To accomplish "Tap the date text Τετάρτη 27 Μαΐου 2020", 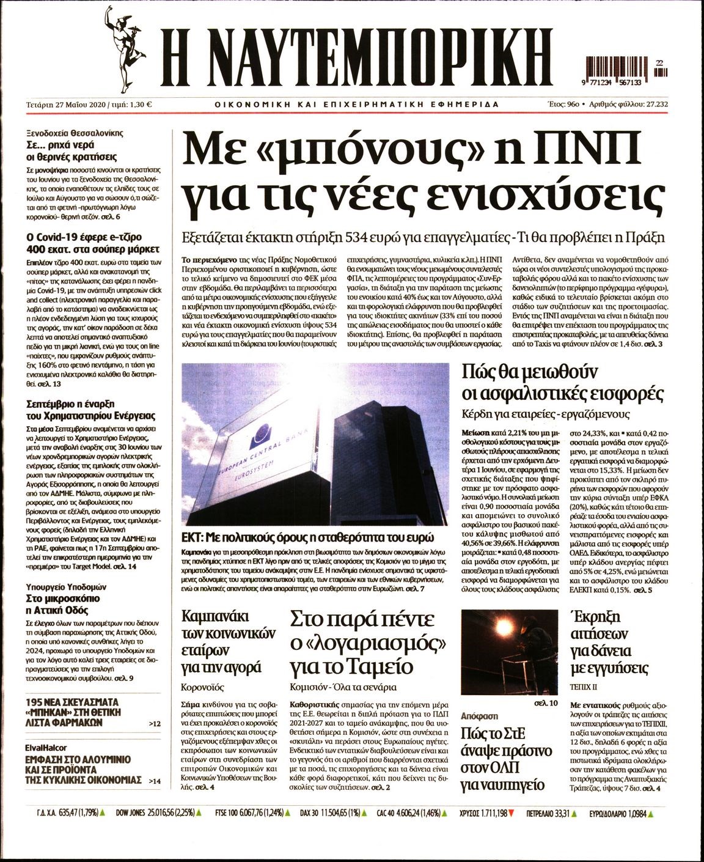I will coord(67,104).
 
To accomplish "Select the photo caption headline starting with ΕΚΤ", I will coord(307,539).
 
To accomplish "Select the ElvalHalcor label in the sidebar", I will coord(46,747).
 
